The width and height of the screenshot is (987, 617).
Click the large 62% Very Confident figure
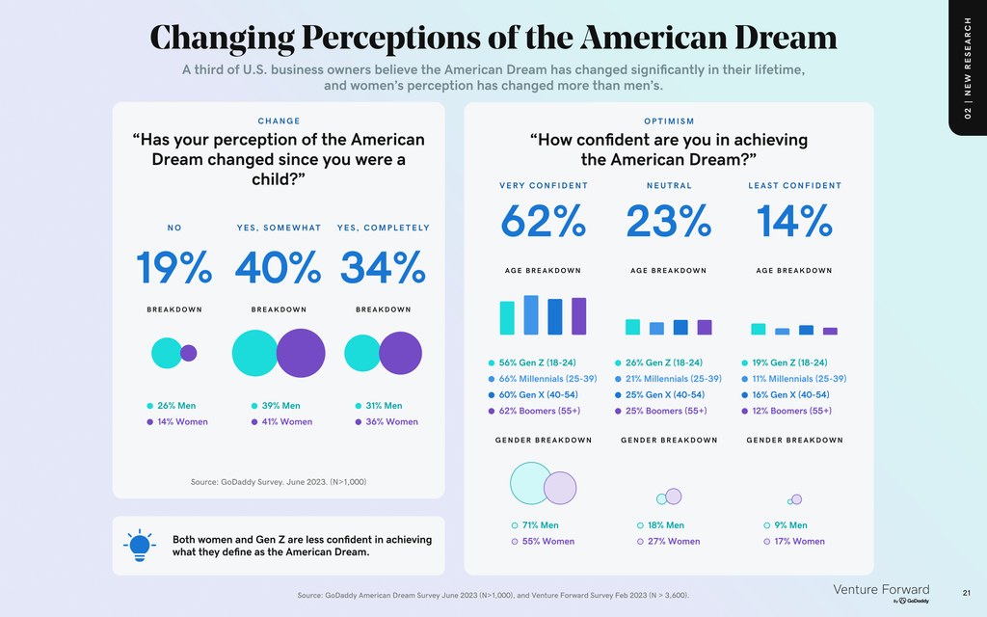(x=543, y=223)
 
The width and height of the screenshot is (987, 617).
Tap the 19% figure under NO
(x=173, y=267)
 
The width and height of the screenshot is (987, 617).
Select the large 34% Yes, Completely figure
(x=383, y=267)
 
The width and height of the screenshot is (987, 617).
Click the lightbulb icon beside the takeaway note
(x=140, y=545)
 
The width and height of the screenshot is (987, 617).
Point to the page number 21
(x=967, y=591)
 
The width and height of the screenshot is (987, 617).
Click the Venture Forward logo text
(x=881, y=589)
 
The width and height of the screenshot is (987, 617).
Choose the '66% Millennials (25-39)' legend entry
(x=547, y=379)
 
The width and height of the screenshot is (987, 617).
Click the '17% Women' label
(x=795, y=541)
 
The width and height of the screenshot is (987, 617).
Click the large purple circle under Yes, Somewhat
(x=301, y=353)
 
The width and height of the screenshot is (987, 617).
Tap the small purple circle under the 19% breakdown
(x=188, y=353)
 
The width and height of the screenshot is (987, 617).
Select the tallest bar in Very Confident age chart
(x=531, y=314)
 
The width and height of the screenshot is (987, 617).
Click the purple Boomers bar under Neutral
(x=704, y=327)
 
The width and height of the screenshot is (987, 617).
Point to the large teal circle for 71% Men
(x=530, y=483)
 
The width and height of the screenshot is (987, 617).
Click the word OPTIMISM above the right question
(x=669, y=121)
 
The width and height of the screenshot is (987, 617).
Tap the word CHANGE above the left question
(x=279, y=121)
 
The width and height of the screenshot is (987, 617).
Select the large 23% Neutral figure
(x=669, y=223)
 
